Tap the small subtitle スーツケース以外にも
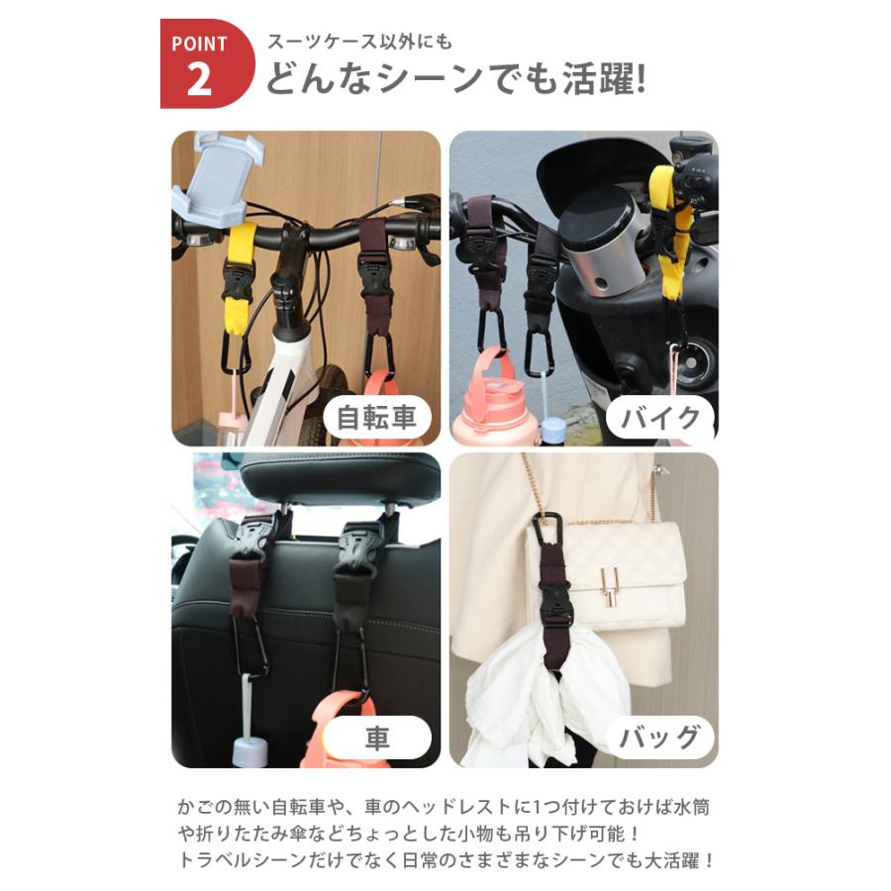pos(359,42)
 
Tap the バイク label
pos(660,418)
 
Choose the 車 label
pos(377,739)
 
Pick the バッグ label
pos(660,739)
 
